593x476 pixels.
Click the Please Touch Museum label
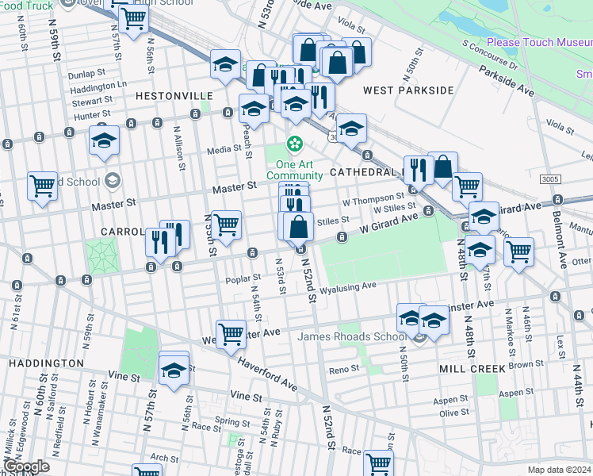tap(539, 42)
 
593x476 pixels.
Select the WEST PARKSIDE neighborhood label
tap(408, 90)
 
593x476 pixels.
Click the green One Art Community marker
tap(295, 144)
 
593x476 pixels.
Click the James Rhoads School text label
tap(351, 336)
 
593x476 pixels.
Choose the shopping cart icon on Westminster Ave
tap(231, 333)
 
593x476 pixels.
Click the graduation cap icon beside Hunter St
tap(104, 140)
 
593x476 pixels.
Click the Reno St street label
tap(344, 369)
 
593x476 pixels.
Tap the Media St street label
tap(224, 149)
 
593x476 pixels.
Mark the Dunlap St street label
tap(86, 74)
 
